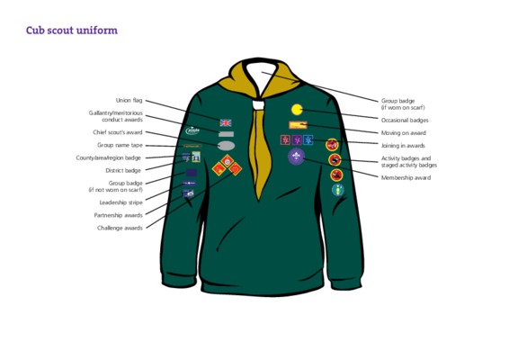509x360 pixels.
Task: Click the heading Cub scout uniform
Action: click(x=72, y=31)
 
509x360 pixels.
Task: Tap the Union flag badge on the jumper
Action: click(x=226, y=122)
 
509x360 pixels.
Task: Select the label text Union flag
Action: click(x=129, y=101)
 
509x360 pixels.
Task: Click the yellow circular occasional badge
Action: click(x=297, y=110)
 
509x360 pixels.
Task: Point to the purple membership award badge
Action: click(x=296, y=157)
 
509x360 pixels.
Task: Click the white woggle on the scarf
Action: click(x=258, y=105)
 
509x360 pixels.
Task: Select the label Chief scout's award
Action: click(x=118, y=132)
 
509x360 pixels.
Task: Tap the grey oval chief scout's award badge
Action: click(x=226, y=146)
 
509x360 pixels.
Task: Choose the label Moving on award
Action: click(x=404, y=133)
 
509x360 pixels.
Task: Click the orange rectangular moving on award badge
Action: click(x=298, y=125)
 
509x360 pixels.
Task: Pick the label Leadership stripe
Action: click(x=121, y=202)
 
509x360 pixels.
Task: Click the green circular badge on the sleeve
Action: click(x=338, y=190)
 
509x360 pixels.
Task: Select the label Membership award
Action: click(x=406, y=177)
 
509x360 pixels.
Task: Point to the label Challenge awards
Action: click(x=120, y=228)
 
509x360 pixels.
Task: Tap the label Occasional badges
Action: click(x=405, y=121)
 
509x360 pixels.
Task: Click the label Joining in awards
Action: click(x=403, y=146)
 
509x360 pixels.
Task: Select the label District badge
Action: click(x=123, y=171)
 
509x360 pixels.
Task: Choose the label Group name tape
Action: click(x=120, y=145)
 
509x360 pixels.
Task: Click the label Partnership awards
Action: click(x=118, y=215)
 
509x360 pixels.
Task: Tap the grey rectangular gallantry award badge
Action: click(x=226, y=134)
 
